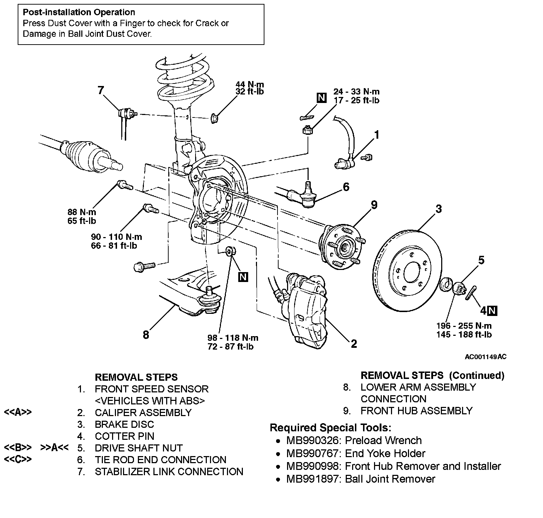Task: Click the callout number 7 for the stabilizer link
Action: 101,90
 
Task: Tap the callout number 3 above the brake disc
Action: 438,209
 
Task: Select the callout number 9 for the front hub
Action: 374,205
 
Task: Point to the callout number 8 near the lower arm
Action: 146,334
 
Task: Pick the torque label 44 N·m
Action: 250,85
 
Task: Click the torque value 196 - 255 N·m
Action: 464,326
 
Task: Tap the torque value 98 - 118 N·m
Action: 233,338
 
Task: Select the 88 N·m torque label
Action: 82,212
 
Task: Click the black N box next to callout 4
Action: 492,311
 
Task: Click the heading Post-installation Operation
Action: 79,12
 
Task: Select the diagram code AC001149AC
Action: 485,357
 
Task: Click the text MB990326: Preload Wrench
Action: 354,441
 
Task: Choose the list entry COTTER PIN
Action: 124,436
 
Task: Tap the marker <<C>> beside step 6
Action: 18,460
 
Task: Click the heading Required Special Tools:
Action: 330,428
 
